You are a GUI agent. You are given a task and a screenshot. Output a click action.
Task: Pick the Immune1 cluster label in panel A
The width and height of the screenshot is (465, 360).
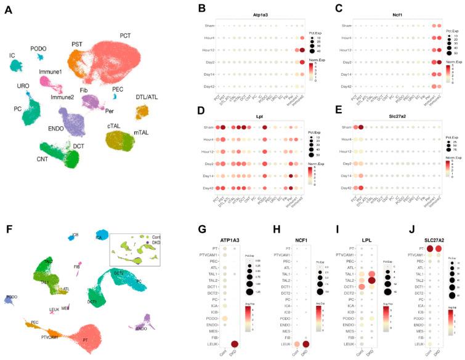click(51, 72)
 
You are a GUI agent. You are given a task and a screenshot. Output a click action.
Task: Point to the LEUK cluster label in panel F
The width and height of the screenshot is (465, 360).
click(54, 310)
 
